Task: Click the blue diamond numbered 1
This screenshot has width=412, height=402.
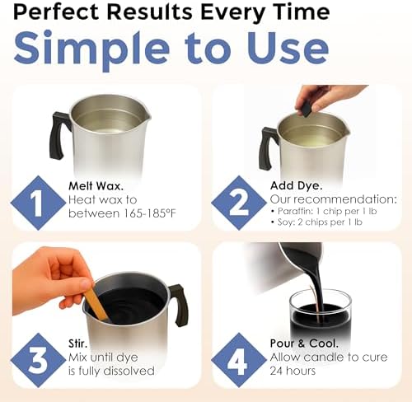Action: [38, 203]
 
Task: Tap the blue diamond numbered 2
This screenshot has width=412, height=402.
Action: [239, 203]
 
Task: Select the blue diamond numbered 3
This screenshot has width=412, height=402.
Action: [38, 361]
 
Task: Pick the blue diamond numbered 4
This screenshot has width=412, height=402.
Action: [239, 361]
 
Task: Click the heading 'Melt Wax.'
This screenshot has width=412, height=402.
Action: [96, 186]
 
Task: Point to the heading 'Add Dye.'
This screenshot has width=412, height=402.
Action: [296, 186]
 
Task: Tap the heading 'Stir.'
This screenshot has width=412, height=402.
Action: [77, 344]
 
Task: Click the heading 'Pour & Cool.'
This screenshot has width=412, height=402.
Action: [304, 344]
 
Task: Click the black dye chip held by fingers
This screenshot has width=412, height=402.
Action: [306, 110]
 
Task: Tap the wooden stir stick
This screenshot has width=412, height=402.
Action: [96, 304]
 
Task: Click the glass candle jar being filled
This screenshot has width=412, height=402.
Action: [321, 313]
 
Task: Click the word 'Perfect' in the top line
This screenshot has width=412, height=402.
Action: [56, 12]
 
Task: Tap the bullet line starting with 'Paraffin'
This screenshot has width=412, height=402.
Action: [324, 211]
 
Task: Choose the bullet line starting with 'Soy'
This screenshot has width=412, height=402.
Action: [316, 222]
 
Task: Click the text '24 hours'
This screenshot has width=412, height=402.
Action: [293, 371]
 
